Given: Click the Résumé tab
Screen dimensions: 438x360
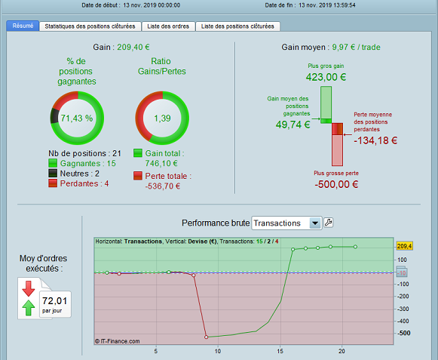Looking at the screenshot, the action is [x=23, y=26].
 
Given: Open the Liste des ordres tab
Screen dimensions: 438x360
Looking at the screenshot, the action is [x=168, y=26].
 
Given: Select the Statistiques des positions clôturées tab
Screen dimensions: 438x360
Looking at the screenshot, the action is [x=90, y=26].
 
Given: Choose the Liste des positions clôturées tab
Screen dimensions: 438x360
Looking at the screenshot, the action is [x=237, y=26].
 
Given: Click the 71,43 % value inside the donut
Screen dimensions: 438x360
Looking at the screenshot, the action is [x=77, y=118].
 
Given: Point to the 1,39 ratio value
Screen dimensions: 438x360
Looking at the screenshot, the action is [x=162, y=118].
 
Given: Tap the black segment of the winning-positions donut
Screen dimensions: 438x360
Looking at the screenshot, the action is [x=54, y=116].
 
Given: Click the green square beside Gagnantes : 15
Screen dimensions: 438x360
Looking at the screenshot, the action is [x=53, y=163].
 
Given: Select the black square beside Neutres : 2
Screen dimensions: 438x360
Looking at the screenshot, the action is [x=53, y=173].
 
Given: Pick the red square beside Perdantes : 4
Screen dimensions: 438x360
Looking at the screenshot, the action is [x=53, y=183].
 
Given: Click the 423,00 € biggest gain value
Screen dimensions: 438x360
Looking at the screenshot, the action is [x=326, y=77].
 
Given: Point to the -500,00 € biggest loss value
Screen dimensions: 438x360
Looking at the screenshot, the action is [x=336, y=184].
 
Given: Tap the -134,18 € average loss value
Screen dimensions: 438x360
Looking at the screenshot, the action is [x=375, y=140].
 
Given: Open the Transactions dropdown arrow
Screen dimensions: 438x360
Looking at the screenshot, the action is [x=315, y=223].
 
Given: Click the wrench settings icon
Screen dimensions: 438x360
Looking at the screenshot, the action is [x=328, y=223].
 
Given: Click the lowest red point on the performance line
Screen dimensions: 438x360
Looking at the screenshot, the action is [x=206, y=337].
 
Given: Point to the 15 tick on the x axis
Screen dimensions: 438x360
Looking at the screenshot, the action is [x=280, y=351].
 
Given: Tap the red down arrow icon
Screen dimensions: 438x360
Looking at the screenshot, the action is [x=29, y=288].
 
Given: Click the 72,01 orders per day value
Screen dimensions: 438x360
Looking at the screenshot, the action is [x=55, y=301].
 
